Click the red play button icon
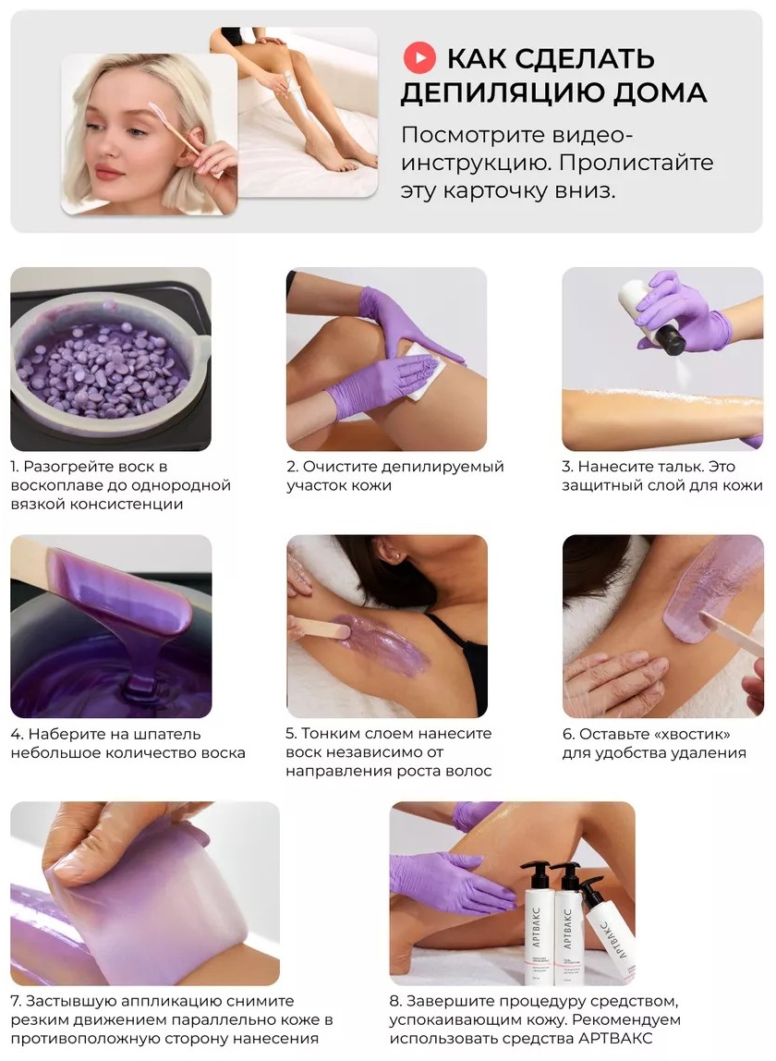point(418,59)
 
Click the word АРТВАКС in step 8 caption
point(615,1039)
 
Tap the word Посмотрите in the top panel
point(471,135)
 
